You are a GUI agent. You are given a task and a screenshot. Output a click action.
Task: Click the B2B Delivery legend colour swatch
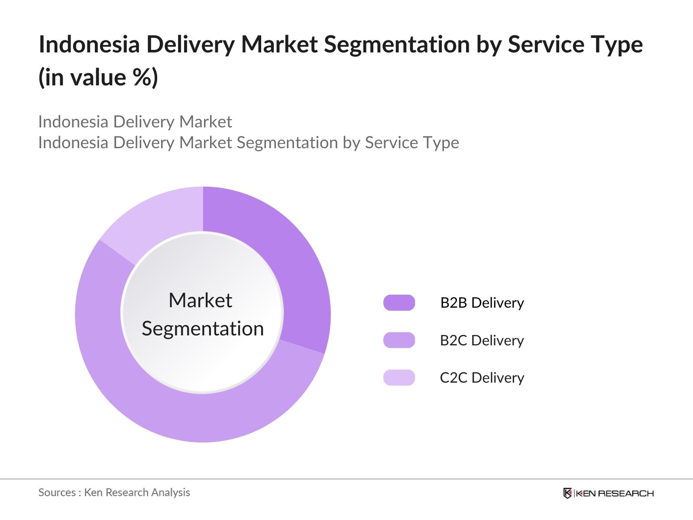[399, 303]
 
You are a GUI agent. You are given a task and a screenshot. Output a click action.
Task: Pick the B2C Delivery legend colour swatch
[399, 340]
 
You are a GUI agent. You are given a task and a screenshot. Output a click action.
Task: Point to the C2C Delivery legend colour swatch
[399, 377]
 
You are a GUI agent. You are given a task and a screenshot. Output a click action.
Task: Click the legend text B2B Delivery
[482, 303]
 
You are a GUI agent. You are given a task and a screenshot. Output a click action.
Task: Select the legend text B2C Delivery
[482, 340]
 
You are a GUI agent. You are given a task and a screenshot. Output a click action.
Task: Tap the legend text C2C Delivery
[482, 378]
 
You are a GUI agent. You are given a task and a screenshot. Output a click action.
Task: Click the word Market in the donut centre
[201, 300]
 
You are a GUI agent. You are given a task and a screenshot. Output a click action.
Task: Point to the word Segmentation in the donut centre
[203, 329]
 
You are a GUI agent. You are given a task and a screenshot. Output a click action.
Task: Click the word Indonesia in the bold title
[89, 44]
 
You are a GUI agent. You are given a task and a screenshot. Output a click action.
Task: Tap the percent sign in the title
[143, 77]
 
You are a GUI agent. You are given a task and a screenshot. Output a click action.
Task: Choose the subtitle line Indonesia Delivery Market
[135, 122]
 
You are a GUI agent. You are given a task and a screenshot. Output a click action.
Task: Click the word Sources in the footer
[57, 493]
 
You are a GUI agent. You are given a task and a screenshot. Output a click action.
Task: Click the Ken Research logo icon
[568, 493]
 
